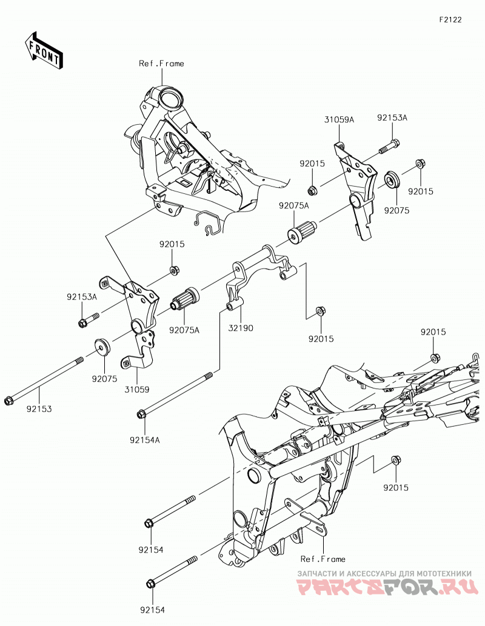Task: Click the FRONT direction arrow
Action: (43, 50)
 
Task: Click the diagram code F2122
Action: (450, 19)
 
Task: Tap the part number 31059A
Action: (339, 119)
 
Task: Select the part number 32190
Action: (241, 328)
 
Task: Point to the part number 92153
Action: (39, 409)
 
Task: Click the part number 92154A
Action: (145, 440)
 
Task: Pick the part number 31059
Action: (136, 389)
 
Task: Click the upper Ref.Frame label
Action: (161, 64)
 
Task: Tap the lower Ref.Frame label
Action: (323, 559)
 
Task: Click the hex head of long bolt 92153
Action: (8, 401)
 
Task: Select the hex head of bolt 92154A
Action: (141, 414)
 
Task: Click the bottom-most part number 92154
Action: (152, 610)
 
